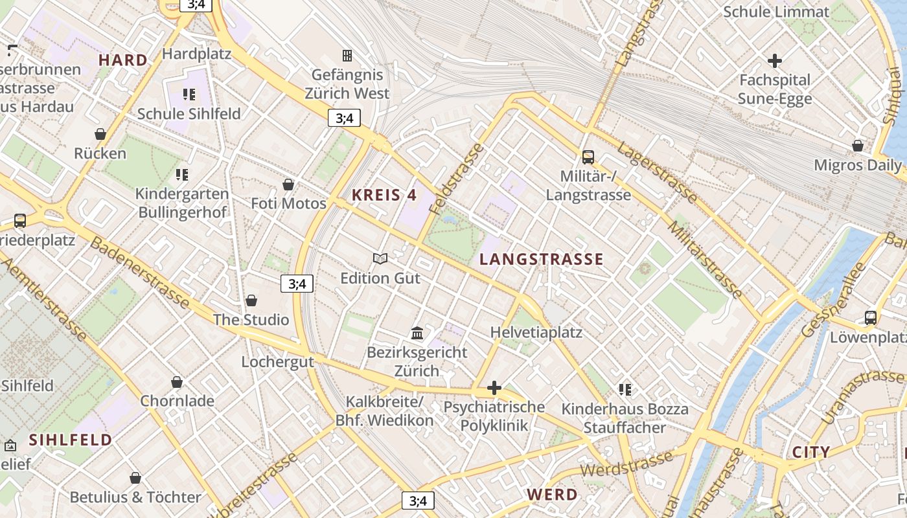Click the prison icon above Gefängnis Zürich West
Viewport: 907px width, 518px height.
coord(347,56)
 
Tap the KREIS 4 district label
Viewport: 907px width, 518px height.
coord(384,195)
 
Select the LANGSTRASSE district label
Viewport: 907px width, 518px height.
coord(542,260)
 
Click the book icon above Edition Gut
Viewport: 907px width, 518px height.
coord(380,259)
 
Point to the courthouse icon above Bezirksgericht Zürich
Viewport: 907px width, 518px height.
coord(417,333)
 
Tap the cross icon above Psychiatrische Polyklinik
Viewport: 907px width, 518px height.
coord(494,388)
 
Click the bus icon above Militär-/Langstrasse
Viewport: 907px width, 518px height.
coord(588,157)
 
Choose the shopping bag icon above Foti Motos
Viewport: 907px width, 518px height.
coord(288,185)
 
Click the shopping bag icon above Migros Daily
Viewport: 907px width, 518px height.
coord(858,146)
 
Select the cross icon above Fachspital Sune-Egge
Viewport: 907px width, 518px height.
coord(775,62)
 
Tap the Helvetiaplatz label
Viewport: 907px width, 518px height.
coord(536,332)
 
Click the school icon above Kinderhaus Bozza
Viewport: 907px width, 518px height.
coord(625,390)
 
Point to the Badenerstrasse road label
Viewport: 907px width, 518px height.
coord(140,273)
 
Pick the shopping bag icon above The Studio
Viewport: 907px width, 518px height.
coord(251,300)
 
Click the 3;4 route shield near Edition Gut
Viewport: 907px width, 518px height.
coord(297,283)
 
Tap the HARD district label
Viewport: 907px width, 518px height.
coord(123,60)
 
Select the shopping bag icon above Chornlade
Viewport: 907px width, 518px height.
coord(177,382)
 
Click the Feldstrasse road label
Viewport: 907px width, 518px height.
coord(457,178)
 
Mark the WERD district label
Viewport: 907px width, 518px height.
coord(552,495)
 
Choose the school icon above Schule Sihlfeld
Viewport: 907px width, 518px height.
coord(189,95)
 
